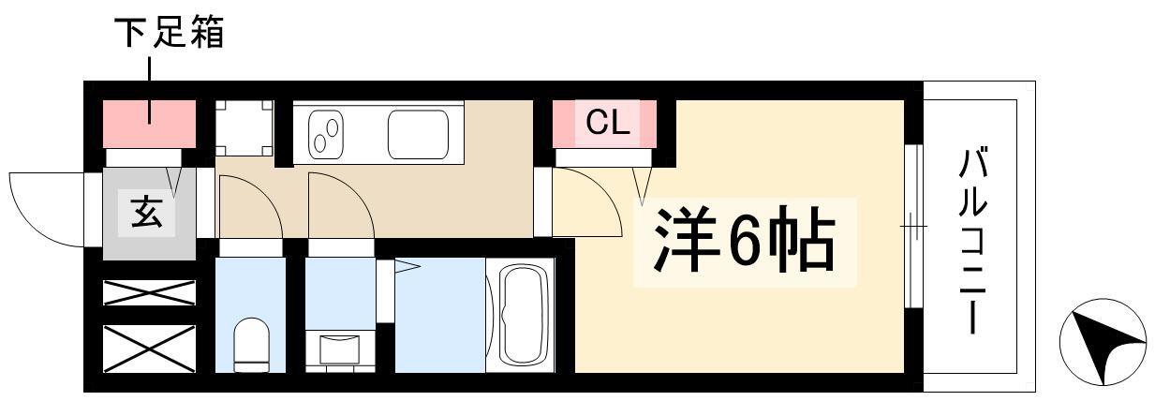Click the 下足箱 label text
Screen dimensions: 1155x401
coord(170,33)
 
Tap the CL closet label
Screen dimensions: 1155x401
coord(607,123)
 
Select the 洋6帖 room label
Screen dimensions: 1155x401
coord(744,241)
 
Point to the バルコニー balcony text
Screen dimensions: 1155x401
coord(972,240)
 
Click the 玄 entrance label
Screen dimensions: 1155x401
coord(147,213)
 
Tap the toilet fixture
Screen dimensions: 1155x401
coord(251,344)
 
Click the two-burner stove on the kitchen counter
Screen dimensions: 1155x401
coord(325,135)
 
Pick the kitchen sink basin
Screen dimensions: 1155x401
coord(418,135)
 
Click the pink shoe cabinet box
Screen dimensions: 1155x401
coord(150,125)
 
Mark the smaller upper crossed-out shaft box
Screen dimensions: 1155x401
coord(150,292)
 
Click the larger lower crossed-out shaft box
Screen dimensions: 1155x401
coord(150,349)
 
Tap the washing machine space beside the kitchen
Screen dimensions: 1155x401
coord(244,127)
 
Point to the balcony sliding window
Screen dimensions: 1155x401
coord(913,227)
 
